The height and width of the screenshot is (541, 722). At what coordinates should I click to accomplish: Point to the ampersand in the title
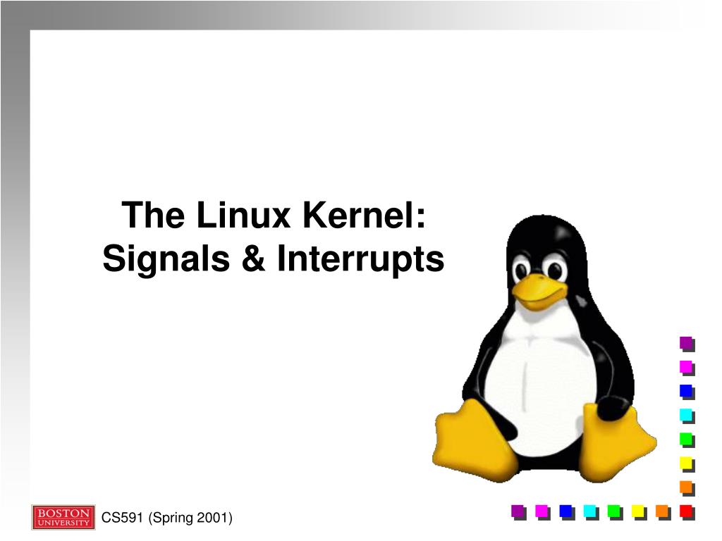point(252,259)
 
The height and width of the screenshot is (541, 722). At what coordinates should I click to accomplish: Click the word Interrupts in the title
point(360,259)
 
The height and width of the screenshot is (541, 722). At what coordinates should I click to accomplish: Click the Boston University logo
point(63,517)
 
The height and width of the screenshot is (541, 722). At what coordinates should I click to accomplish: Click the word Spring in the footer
point(173,518)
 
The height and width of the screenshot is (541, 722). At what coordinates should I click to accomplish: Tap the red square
point(686,511)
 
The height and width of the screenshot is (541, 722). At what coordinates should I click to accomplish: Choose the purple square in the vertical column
point(686,343)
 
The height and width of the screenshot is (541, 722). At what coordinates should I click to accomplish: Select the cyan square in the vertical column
point(686,415)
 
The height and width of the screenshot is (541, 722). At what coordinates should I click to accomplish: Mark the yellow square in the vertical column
point(686,463)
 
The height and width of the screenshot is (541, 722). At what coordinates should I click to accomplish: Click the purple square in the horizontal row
point(518,511)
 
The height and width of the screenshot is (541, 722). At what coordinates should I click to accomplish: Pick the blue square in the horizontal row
point(565,511)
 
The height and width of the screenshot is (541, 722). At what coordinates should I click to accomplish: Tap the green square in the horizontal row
point(614,511)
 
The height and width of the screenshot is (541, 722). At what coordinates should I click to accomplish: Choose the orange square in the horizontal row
point(662,511)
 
